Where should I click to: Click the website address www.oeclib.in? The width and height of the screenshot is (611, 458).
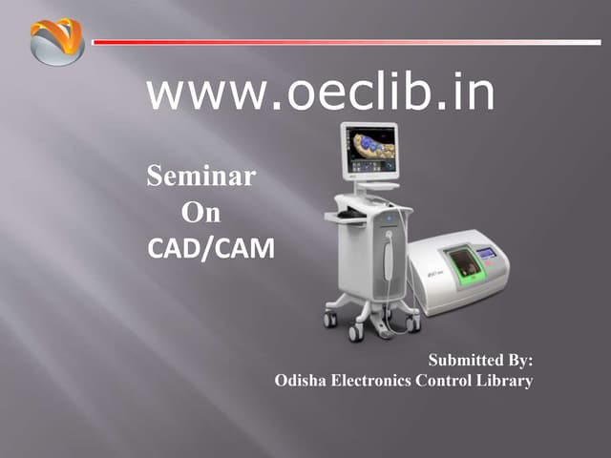click(x=321, y=93)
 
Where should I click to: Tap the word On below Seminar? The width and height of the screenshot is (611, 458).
click(x=200, y=213)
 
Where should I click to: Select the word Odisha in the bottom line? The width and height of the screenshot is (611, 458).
click(x=300, y=381)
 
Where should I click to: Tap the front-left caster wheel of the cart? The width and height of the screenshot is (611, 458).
click(x=355, y=333)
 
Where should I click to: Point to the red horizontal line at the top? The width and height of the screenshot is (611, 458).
click(x=344, y=42)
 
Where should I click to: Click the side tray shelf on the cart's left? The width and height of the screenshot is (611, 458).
click(x=344, y=217)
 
